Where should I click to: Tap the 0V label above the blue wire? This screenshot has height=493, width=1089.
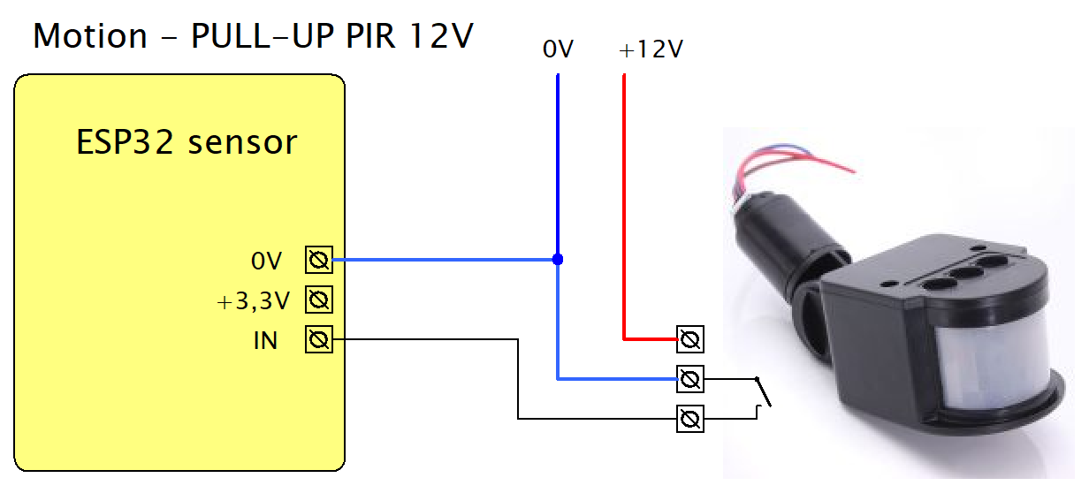tap(559, 50)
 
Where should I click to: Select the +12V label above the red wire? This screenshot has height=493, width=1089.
tap(651, 50)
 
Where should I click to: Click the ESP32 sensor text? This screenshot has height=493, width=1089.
tap(186, 142)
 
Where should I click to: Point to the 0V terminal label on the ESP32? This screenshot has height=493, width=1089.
tap(266, 262)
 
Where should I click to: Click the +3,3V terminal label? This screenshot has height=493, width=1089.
tap(254, 302)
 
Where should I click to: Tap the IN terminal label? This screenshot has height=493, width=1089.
tap(265, 341)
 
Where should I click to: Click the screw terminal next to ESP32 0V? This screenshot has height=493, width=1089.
tap(319, 261)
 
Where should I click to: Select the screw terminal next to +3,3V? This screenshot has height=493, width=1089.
tap(319, 300)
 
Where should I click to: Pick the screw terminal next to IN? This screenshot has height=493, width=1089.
tap(319, 339)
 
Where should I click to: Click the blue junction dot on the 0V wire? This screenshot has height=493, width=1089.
tap(558, 260)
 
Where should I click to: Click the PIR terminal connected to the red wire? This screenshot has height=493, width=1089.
tap(690, 338)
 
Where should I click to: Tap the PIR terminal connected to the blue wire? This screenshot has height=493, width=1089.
tap(690, 379)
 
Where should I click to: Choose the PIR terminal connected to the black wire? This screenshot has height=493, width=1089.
tap(690, 418)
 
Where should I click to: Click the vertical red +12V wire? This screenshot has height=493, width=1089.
tap(624, 203)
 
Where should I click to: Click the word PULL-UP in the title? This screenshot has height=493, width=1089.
tap(239, 37)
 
